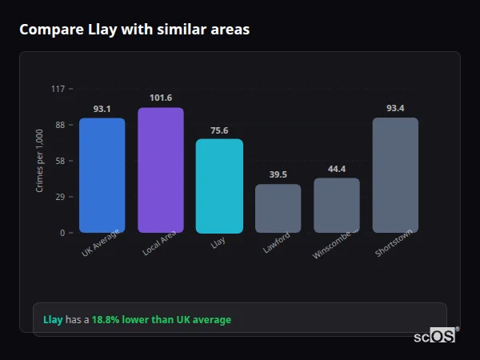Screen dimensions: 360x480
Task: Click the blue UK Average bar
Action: [x=102, y=175]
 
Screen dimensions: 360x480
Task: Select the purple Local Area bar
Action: [x=160, y=170]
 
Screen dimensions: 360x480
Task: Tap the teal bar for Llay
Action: [x=219, y=186]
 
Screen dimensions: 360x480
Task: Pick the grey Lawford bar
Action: [x=278, y=208]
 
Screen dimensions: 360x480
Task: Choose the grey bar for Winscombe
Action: [x=337, y=205]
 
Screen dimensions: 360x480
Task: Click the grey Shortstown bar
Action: [x=395, y=175]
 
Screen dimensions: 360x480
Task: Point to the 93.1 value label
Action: [x=102, y=109]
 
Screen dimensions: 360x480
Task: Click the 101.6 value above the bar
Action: [x=160, y=98]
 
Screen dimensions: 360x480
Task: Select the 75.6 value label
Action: [x=219, y=130]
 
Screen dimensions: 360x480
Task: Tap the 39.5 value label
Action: [x=278, y=175]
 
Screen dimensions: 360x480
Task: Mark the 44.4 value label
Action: [x=337, y=169]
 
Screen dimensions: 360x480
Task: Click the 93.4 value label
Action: [x=395, y=108]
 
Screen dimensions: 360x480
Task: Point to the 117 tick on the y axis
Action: [x=58, y=89]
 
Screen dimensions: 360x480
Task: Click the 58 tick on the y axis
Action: [x=60, y=161]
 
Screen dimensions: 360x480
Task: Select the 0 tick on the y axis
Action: [x=62, y=233]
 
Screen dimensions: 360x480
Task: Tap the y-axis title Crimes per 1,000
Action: [x=40, y=161]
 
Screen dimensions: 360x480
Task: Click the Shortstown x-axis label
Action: [x=394, y=244]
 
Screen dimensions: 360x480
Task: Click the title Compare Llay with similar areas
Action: [x=134, y=30]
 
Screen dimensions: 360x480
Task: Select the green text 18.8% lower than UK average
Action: [x=161, y=320]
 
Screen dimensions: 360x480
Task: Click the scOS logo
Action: [x=435, y=336]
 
